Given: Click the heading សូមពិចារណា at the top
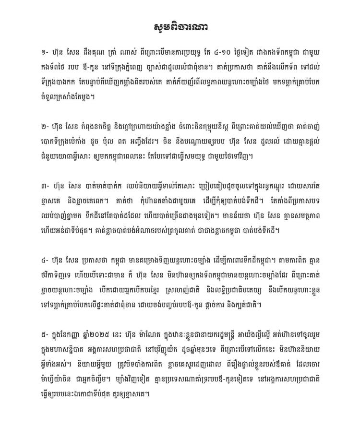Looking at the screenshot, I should [x=180, y=25].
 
